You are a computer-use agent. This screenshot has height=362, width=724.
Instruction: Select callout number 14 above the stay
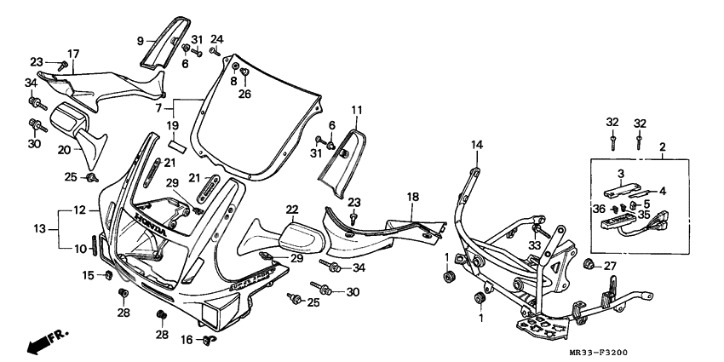click(476, 146)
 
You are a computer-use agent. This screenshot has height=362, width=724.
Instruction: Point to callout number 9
click(141, 39)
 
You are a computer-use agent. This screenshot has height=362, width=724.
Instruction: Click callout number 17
click(73, 53)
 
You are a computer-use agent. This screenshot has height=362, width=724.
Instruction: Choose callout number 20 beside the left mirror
click(64, 149)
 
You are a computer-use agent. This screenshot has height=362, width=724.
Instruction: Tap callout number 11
click(356, 110)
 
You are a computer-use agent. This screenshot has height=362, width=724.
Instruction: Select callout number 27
click(609, 267)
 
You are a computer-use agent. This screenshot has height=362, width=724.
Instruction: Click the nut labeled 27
click(588, 267)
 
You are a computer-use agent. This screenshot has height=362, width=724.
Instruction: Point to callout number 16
click(185, 340)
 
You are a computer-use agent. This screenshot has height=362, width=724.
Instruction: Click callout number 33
click(535, 246)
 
